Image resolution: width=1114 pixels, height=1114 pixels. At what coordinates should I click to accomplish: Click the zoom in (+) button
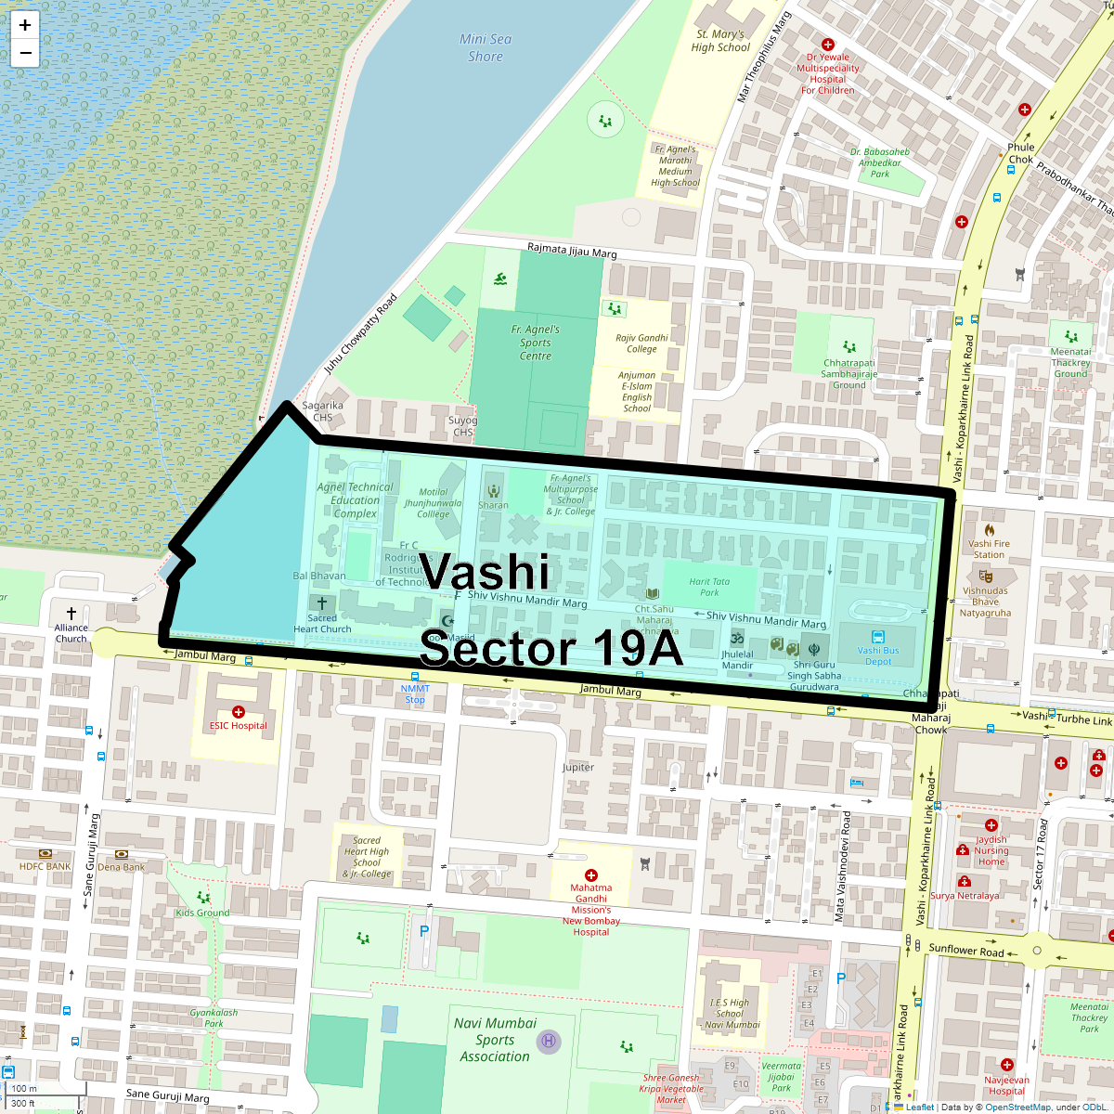pyautogui.click(x=25, y=25)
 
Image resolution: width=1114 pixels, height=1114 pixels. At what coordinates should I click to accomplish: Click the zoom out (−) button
pyautogui.click(x=25, y=53)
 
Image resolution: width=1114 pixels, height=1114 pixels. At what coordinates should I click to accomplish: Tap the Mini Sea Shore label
pyautogui.click(x=486, y=47)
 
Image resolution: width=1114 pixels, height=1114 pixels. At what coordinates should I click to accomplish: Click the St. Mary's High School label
pyautogui.click(x=720, y=41)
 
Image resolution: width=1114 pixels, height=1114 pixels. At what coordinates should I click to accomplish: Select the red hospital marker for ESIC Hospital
pyautogui.click(x=239, y=712)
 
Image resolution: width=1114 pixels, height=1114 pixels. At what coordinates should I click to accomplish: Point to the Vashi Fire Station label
pyautogui.click(x=989, y=549)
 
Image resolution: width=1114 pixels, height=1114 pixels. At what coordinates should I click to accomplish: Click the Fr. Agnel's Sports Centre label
pyautogui.click(x=536, y=343)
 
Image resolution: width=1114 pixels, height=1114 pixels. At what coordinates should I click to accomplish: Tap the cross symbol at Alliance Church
pyautogui.click(x=71, y=614)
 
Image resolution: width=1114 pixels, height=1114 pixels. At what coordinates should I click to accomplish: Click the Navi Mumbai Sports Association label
pyautogui.click(x=495, y=1039)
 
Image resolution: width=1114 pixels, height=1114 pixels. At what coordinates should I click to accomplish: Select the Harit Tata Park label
pyautogui.click(x=709, y=587)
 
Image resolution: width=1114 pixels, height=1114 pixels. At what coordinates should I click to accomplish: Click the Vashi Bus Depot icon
pyautogui.click(x=878, y=638)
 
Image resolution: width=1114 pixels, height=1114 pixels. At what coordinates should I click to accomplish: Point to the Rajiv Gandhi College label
pyautogui.click(x=641, y=343)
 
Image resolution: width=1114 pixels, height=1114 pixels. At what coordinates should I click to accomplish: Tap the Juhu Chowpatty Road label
pyautogui.click(x=360, y=334)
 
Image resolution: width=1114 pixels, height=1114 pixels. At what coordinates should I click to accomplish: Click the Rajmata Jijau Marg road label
pyautogui.click(x=572, y=251)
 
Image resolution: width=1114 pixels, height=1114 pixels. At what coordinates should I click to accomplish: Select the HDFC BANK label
pyautogui.click(x=45, y=866)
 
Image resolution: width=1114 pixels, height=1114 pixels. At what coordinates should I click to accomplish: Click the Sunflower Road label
pyautogui.click(x=966, y=951)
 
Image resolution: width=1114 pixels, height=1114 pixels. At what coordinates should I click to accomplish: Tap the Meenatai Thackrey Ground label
pyautogui.click(x=1070, y=362)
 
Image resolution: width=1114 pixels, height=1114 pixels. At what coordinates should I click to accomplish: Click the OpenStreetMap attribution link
pyautogui.click(x=1017, y=1107)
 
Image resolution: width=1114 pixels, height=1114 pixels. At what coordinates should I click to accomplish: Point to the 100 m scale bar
pyautogui.click(x=25, y=1089)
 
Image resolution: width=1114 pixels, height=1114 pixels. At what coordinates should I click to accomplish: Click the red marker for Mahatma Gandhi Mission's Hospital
pyautogui.click(x=591, y=875)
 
